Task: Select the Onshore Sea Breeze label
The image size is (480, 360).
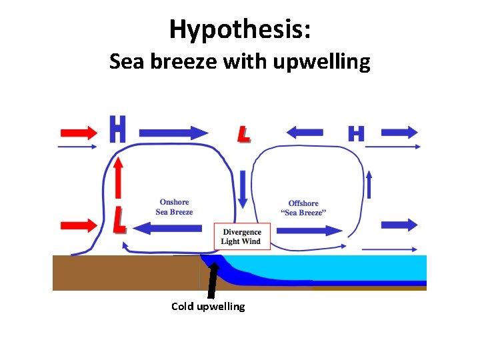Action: click(174, 207)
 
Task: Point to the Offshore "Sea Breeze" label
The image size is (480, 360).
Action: click(303, 208)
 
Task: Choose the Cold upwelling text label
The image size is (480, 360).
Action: click(208, 307)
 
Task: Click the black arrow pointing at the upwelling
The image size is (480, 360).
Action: click(212, 280)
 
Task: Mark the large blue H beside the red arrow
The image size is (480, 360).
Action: click(117, 130)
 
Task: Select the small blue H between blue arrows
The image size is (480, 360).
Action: click(356, 133)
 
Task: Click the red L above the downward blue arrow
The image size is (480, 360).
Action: click(244, 133)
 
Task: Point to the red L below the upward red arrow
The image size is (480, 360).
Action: click(119, 221)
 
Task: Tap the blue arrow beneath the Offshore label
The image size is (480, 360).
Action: click(309, 231)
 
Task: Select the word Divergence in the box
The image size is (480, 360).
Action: click(241, 232)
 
